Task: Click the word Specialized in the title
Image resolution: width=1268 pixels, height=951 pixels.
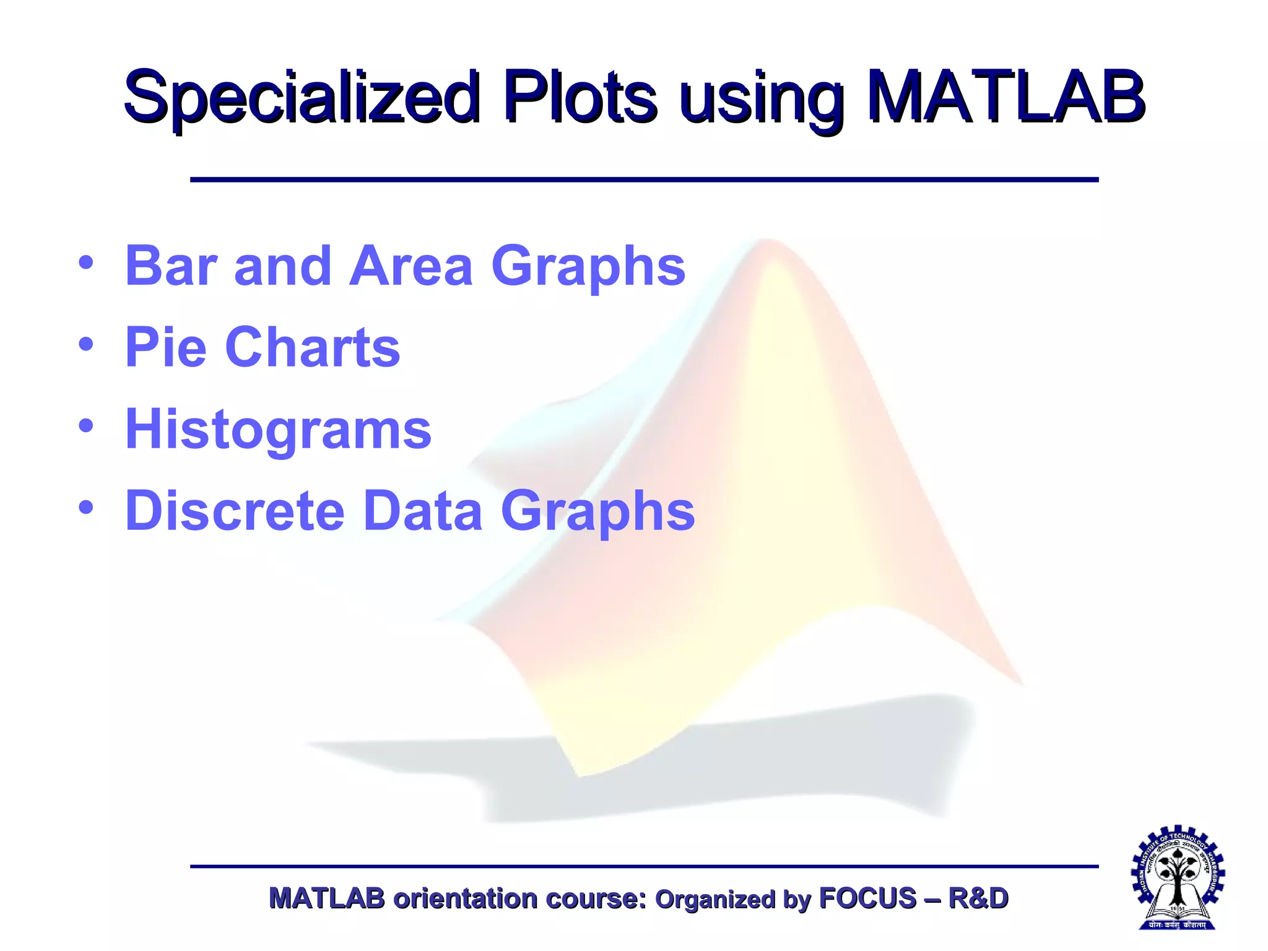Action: pos(302,98)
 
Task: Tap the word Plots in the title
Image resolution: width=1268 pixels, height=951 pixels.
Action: pos(580,98)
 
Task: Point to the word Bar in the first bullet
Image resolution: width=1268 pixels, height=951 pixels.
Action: pos(171,266)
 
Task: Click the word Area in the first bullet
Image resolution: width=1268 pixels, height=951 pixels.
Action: pos(410,266)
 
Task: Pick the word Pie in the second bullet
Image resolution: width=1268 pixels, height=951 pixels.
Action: pos(165,347)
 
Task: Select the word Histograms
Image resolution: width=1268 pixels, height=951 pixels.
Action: pos(278,430)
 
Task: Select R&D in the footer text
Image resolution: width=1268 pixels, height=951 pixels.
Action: pos(978,898)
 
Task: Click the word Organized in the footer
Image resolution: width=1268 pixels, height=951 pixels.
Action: pos(714,900)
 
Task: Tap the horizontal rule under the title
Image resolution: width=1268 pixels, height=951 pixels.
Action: pos(644,180)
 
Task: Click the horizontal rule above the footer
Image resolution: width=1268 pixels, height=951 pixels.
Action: pos(644,866)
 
